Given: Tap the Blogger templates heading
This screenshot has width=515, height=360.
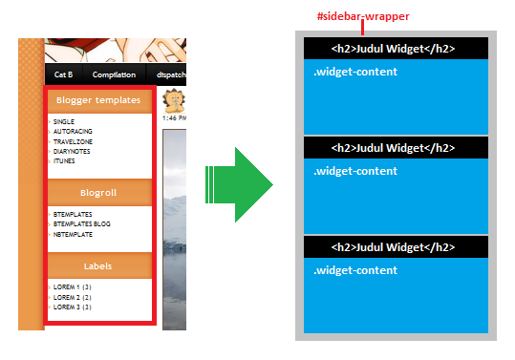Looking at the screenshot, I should tap(98, 100).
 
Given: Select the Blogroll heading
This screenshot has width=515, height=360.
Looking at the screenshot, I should tap(98, 192).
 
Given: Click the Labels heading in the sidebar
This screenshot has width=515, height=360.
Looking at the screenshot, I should tap(98, 266).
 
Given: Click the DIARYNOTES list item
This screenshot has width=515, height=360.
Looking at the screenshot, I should tap(74, 152).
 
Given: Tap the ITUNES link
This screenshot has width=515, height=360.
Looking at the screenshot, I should tap(64, 161).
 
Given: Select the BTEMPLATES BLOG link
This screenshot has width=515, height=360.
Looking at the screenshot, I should tap(81, 224).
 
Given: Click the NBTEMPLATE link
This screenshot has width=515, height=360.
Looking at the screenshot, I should tap(73, 234).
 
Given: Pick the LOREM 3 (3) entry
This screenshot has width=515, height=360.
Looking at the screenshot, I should tap(72, 307).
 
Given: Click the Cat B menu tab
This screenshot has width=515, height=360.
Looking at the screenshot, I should tap(64, 74).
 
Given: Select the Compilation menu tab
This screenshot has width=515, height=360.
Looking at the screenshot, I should tap(114, 74).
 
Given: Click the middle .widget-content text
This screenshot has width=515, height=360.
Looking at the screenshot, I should tap(355, 172).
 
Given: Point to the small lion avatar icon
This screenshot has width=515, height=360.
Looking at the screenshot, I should tap(173, 101).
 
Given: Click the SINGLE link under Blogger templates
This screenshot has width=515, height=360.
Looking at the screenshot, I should tap(64, 122).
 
